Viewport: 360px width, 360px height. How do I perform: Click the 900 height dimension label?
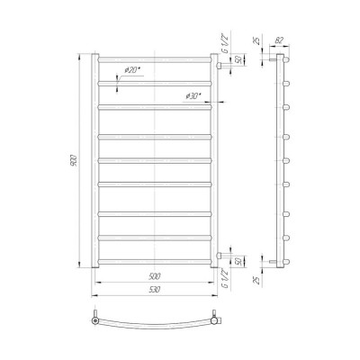click(74, 161)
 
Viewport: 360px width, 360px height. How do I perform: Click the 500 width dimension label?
click(155, 276)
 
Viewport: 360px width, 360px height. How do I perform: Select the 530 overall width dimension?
click(155, 290)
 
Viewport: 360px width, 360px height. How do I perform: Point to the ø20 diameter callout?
click(132, 70)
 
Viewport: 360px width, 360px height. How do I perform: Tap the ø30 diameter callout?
click(193, 96)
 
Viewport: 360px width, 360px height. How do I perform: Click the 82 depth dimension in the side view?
click(279, 40)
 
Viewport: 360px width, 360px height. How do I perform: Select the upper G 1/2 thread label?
click(225, 45)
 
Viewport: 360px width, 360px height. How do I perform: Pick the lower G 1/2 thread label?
click(225, 279)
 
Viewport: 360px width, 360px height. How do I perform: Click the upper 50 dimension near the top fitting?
click(238, 60)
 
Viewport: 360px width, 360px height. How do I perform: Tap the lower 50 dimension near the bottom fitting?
click(238, 261)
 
